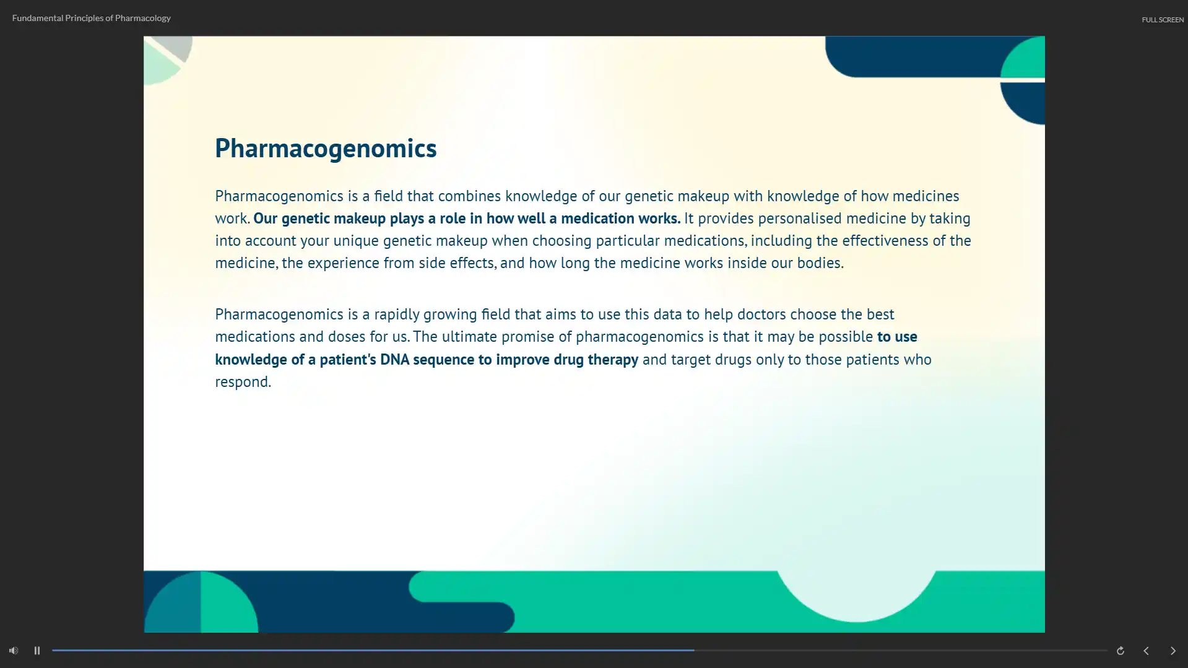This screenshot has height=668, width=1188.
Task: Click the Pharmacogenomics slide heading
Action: point(326,149)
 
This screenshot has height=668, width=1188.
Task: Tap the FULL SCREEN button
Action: point(1163,20)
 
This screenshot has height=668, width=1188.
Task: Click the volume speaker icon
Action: point(14,651)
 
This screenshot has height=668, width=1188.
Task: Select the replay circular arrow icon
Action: point(1121,651)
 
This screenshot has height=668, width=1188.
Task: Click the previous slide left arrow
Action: point(1146,651)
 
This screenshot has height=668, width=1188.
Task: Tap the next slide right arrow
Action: point(1173,651)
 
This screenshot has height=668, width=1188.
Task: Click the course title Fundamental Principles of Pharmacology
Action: point(91,18)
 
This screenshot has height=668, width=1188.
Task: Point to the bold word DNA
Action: point(394,359)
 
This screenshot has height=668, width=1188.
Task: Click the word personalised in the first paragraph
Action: point(800,219)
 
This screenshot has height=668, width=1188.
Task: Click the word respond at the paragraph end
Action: point(243,382)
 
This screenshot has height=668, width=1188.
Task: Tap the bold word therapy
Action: point(613,360)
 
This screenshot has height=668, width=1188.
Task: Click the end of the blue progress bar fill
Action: point(694,651)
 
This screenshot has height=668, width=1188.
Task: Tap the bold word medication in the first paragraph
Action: point(597,218)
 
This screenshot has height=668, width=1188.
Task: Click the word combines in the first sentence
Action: point(469,196)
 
